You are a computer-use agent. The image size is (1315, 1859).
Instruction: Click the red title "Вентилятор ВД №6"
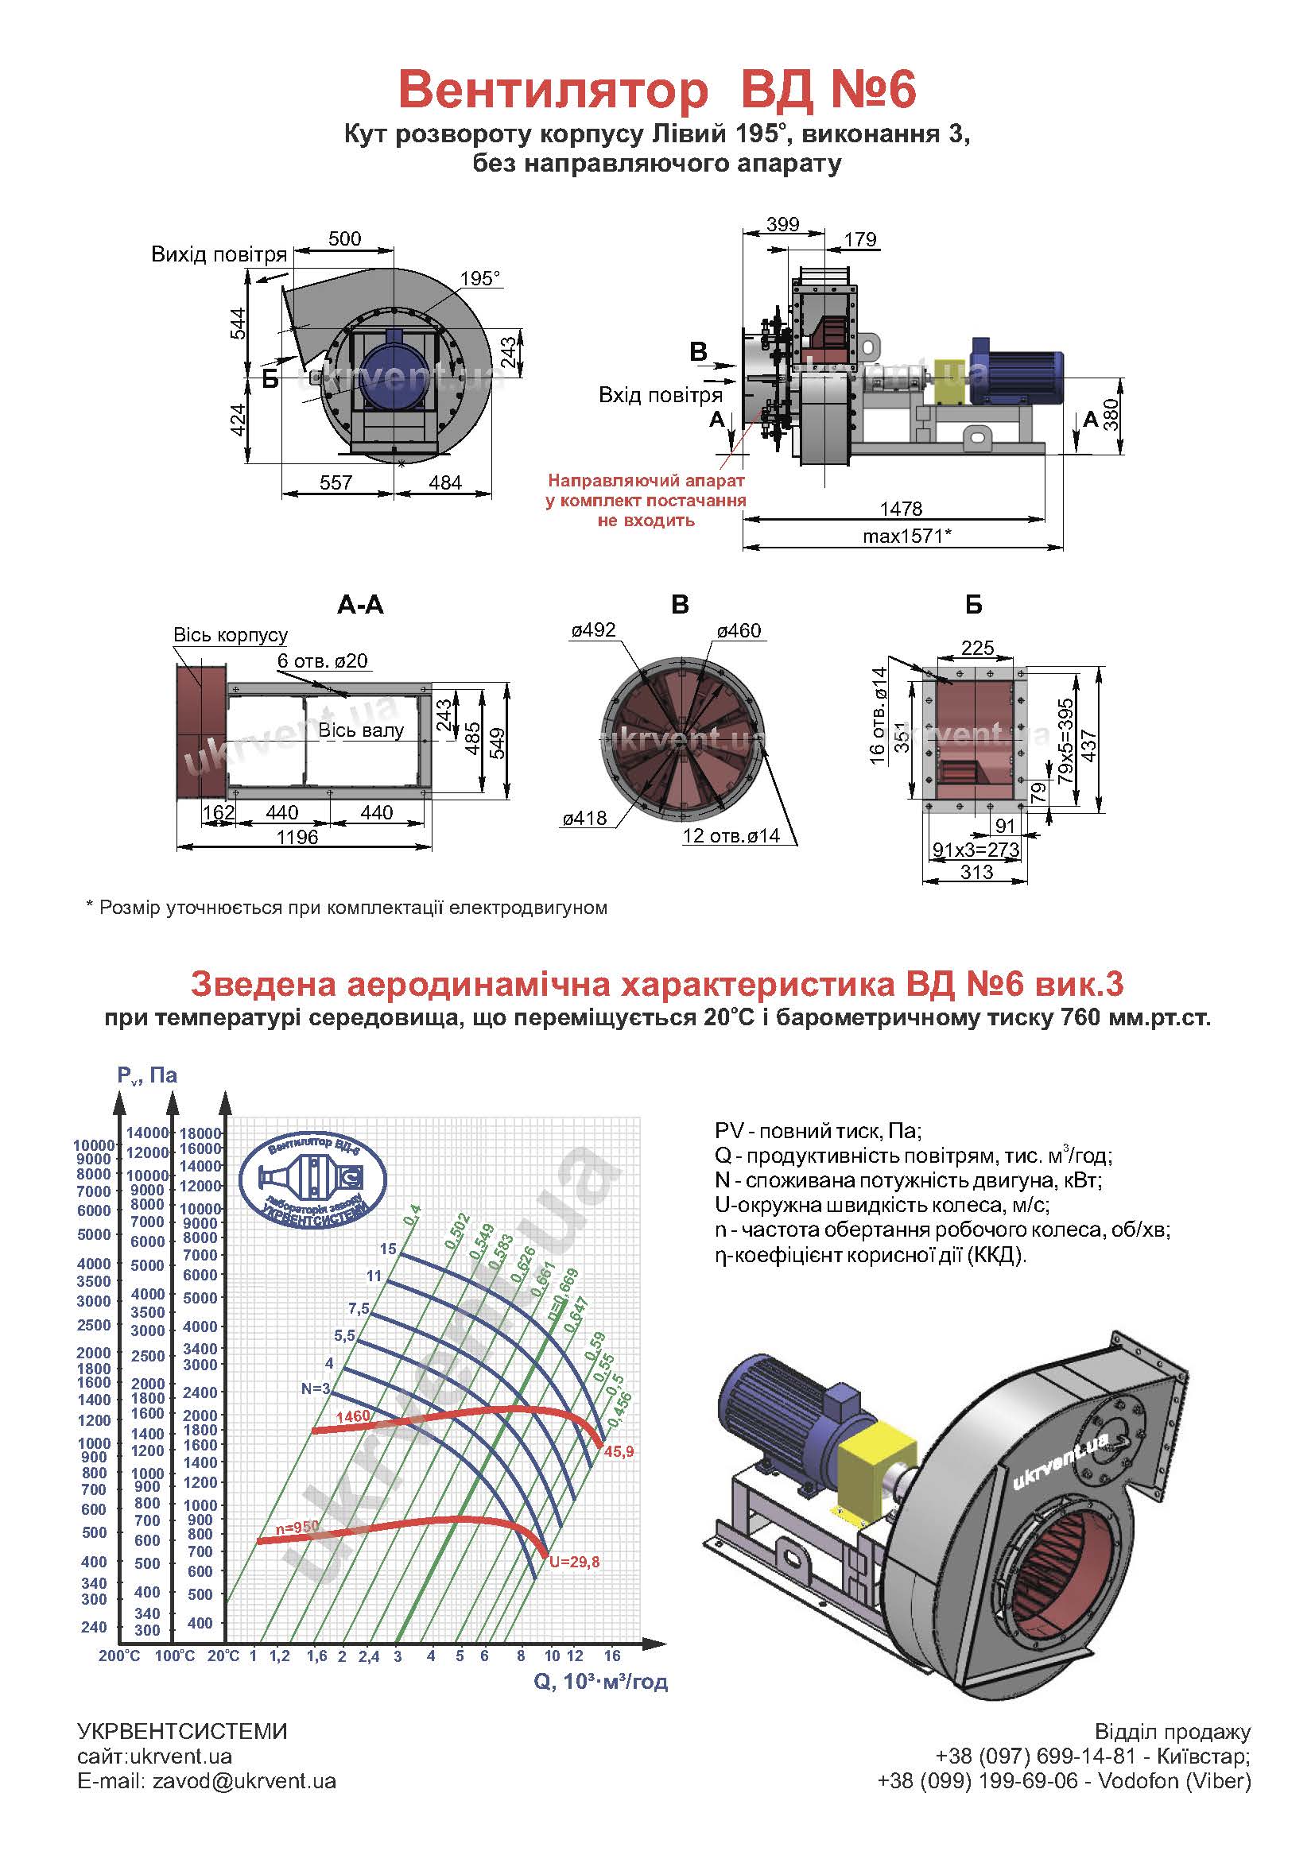coord(657,90)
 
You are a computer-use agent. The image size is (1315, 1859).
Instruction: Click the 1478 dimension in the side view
coord(901,509)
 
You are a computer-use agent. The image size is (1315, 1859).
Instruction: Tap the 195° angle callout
coord(480,278)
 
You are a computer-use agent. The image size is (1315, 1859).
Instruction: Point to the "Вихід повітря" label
coord(219,255)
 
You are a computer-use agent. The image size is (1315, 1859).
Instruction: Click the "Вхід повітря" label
coord(660,395)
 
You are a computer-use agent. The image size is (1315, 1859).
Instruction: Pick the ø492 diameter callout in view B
coord(593,630)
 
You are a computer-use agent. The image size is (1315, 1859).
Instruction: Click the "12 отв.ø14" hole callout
coord(731,835)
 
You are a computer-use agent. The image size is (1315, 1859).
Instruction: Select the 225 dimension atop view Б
coord(976,648)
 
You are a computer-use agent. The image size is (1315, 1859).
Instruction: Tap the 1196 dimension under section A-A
coord(297,837)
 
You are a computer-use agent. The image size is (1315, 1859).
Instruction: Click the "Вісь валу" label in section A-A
coord(360,730)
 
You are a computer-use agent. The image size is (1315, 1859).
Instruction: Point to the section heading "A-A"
coord(360,605)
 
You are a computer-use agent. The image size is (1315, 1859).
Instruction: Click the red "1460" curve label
coord(352,1416)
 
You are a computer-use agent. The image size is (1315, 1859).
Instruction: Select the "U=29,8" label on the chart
coord(574,1562)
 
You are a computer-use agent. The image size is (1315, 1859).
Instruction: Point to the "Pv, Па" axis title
coord(146,1075)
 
